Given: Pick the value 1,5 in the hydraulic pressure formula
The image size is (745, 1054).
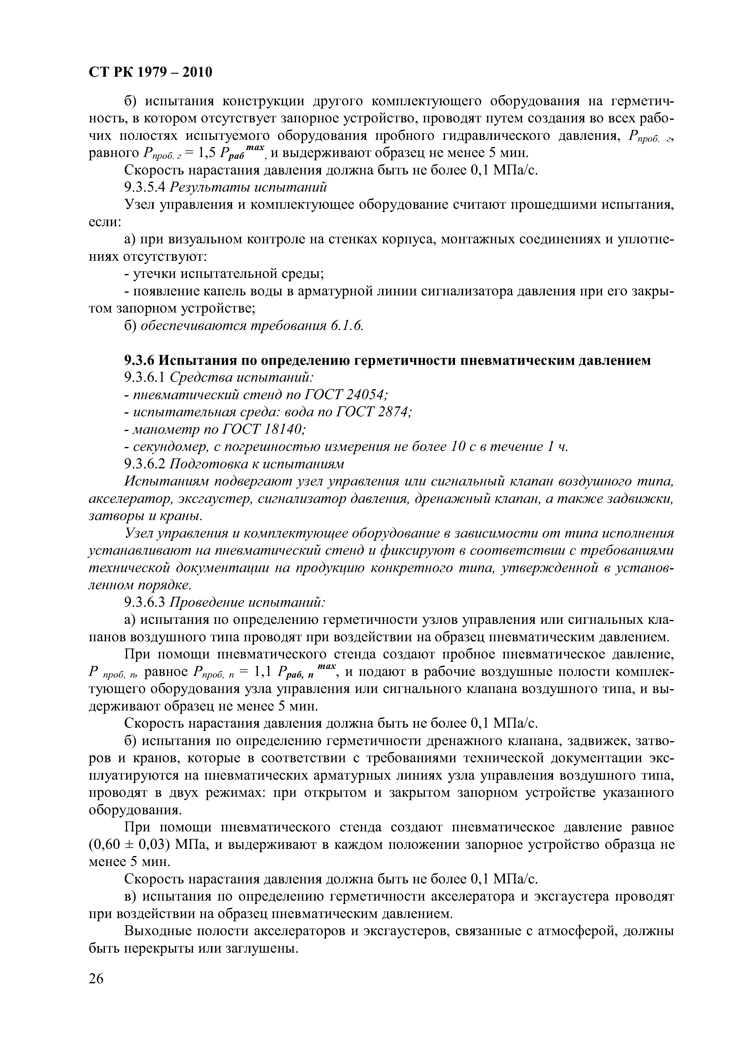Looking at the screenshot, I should coord(202,153).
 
